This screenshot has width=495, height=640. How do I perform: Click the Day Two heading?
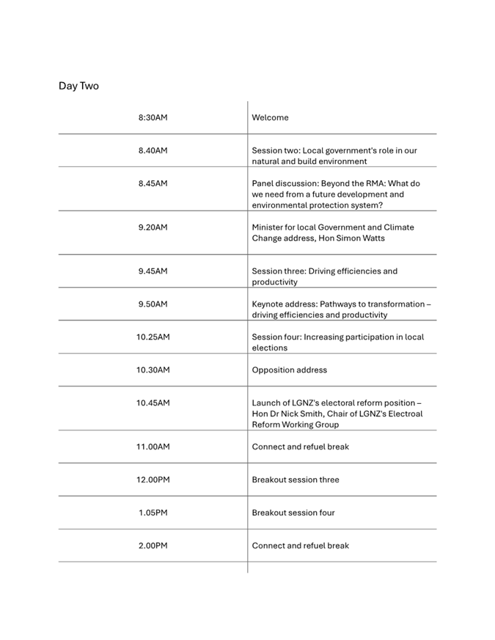click(78, 86)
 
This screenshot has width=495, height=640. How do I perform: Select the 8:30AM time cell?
click(153, 117)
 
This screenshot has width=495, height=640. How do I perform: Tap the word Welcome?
click(270, 117)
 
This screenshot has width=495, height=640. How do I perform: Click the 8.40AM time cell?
click(153, 150)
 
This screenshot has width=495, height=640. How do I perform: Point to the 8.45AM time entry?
click(153, 183)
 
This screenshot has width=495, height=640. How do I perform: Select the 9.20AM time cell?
click(153, 227)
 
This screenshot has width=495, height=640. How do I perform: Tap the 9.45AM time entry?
click(153, 271)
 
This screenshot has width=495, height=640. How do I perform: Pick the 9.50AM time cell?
click(153, 304)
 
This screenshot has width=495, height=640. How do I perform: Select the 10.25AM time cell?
click(153, 337)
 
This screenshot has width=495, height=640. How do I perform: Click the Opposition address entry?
click(289, 370)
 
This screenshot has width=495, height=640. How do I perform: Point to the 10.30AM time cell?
click(153, 370)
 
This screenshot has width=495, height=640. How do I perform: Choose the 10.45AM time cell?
click(153, 403)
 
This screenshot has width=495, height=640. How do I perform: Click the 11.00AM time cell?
click(153, 447)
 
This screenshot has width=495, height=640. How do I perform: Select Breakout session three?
click(296, 480)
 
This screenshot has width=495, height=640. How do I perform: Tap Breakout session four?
click(293, 513)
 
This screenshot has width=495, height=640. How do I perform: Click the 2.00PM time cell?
click(153, 546)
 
